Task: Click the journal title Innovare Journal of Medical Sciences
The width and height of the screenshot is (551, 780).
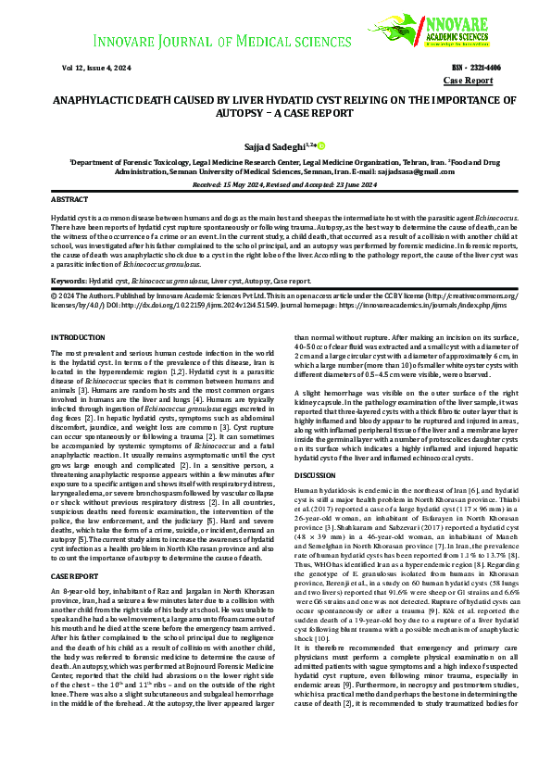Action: click(219, 43)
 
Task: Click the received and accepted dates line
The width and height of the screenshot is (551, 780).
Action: click(275, 184)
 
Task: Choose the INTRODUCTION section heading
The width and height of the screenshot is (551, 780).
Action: click(78, 338)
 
